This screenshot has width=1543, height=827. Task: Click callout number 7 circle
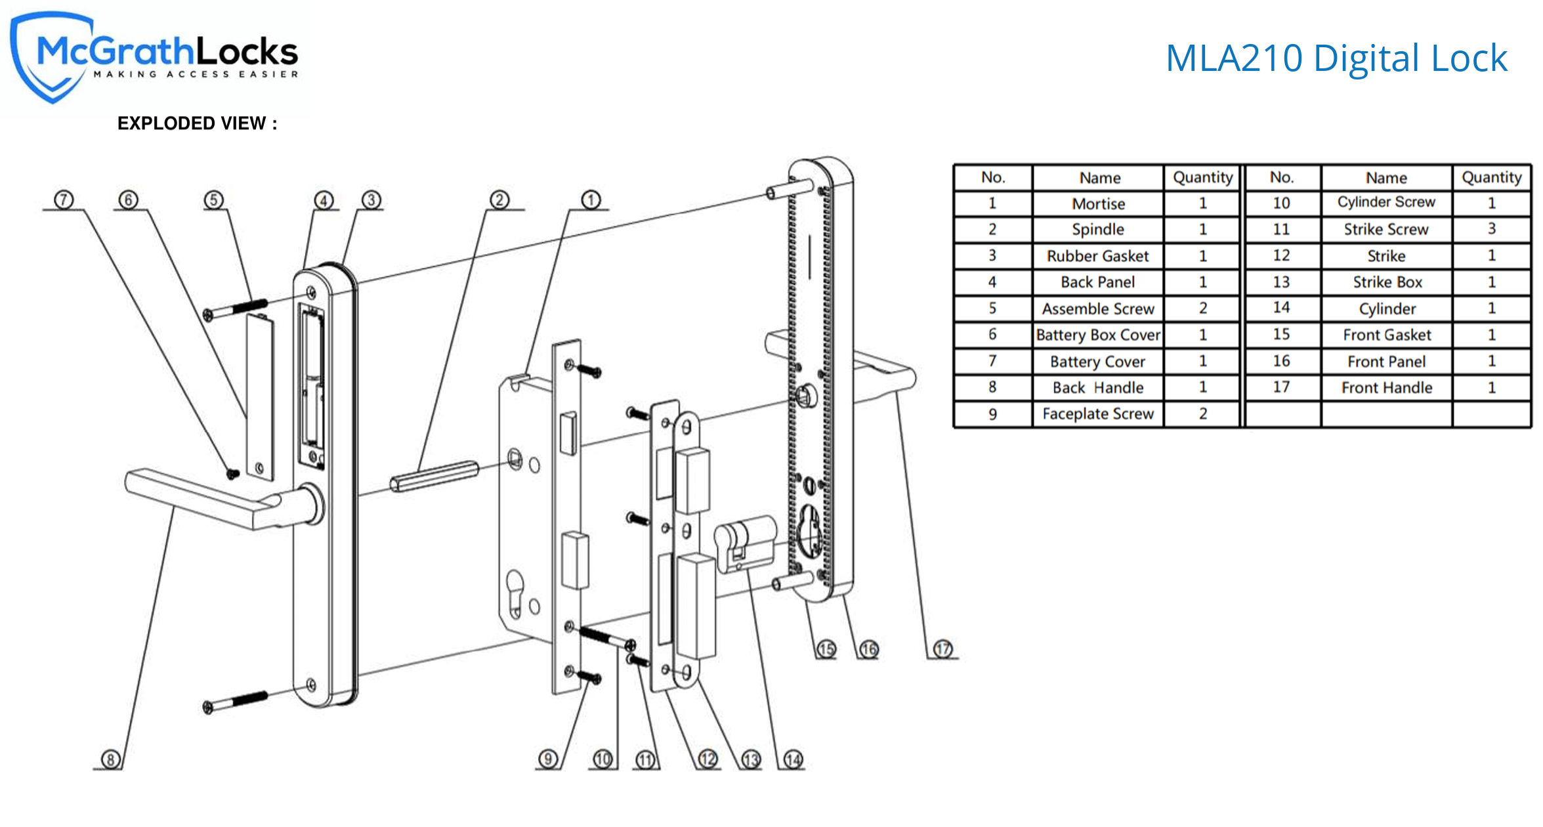(x=64, y=200)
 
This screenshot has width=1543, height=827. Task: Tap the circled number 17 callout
(x=942, y=649)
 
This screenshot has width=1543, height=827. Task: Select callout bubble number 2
(x=499, y=200)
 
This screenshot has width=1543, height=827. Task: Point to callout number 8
(x=110, y=759)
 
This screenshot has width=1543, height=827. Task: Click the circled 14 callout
(x=793, y=759)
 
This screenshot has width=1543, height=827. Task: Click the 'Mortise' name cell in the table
(x=1098, y=203)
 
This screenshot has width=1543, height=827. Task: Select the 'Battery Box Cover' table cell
(x=1098, y=335)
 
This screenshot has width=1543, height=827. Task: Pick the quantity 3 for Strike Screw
(x=1491, y=229)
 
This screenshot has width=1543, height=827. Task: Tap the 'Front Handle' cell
(x=1386, y=388)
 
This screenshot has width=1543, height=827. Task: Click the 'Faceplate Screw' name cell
(x=1098, y=414)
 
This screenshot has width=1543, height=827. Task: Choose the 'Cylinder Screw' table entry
(x=1386, y=202)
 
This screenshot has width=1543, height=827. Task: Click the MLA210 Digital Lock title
(x=1336, y=58)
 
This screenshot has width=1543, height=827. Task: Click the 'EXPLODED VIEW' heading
(x=197, y=123)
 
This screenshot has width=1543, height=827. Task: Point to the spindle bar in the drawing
(x=434, y=476)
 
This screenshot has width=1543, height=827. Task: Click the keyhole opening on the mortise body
(x=515, y=591)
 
